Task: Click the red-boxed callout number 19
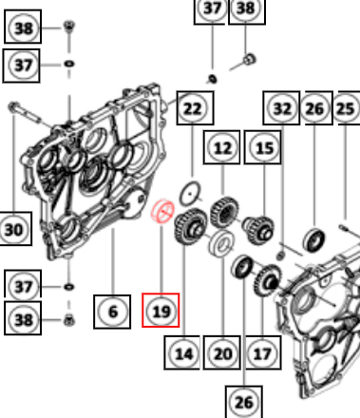(x=161, y=311)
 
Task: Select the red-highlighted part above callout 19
(x=162, y=211)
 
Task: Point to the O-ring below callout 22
(x=190, y=193)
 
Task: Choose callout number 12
(x=221, y=147)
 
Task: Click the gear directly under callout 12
(x=224, y=212)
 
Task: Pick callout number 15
(x=263, y=147)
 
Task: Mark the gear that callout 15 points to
(x=258, y=229)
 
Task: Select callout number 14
(x=182, y=352)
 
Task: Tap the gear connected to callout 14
(x=190, y=226)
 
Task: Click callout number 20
(x=221, y=352)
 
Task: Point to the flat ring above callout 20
(x=221, y=243)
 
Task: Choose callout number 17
(x=263, y=352)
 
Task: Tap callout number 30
(x=14, y=229)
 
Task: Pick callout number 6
(x=112, y=312)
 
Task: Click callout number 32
(x=281, y=108)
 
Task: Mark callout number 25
(x=346, y=108)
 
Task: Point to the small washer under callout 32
(x=280, y=255)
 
